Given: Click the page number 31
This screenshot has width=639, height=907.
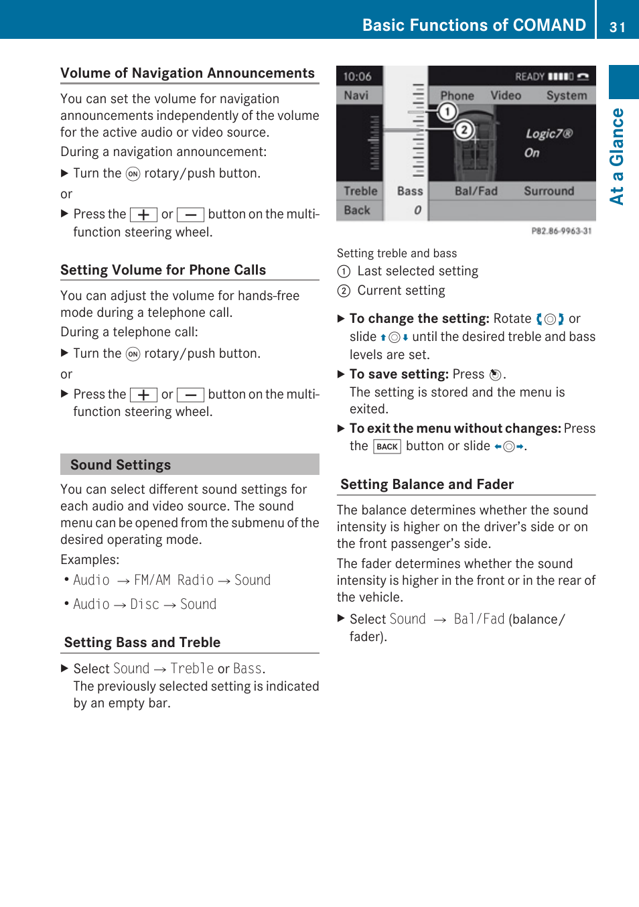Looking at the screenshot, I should tap(617, 27).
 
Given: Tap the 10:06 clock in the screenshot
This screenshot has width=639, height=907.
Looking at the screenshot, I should tap(357, 76).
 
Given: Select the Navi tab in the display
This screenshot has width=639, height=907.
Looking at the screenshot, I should tap(356, 95).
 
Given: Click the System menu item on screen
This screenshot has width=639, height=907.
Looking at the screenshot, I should tap(566, 95).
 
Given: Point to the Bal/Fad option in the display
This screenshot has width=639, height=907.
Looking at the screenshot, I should tap(476, 191).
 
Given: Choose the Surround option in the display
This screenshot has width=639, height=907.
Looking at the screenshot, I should tap(549, 191).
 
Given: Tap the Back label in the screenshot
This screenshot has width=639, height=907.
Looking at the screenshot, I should tap(357, 210).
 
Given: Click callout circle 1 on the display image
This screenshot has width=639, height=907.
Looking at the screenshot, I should tap(447, 111).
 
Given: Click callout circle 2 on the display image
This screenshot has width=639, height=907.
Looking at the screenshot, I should tap(464, 129).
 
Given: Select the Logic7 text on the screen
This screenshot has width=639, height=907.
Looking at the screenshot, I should tap(549, 133).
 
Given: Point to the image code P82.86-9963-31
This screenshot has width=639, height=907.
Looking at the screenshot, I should tap(561, 231).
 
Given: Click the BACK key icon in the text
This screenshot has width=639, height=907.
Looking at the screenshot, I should tap(387, 447).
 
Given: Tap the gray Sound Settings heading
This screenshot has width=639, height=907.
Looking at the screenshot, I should tap(121, 465).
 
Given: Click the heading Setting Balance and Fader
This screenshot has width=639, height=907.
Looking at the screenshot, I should tap(427, 484).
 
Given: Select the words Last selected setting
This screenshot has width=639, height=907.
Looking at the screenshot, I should tap(417, 271).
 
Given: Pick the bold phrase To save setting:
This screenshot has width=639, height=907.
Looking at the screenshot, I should tap(399, 374).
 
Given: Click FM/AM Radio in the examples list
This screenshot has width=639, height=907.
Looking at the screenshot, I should tap(173, 580).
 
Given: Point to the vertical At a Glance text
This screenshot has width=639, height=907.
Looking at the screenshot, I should tap(617, 156).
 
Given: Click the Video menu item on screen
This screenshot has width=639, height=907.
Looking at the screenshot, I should tap(506, 95).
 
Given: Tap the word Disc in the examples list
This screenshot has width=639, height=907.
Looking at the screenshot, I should tap(145, 604).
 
